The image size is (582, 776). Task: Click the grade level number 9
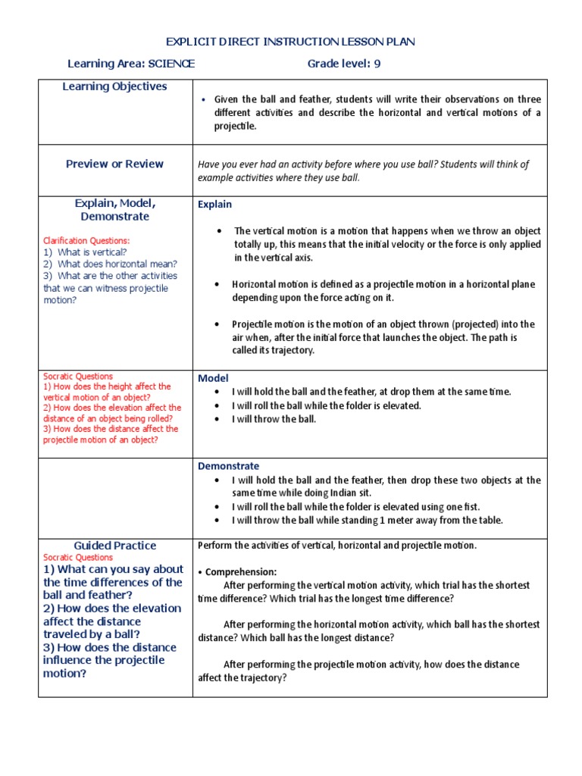point(377,64)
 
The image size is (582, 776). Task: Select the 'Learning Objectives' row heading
point(114,86)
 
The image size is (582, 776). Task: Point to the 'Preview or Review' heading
point(114,164)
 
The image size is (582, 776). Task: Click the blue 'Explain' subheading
point(215,205)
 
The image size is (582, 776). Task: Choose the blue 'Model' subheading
point(213,378)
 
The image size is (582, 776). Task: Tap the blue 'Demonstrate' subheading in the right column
point(228,466)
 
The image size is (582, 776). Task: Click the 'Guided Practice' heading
point(115,546)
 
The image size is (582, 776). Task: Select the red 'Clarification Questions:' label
point(87,241)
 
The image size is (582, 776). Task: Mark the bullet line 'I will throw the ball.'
point(274,419)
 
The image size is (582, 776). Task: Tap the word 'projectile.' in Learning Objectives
point(235,126)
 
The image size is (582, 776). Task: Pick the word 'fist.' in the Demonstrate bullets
point(469,507)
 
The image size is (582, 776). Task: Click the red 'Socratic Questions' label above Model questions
point(78,376)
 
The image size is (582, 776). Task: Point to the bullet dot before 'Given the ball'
point(204,100)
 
